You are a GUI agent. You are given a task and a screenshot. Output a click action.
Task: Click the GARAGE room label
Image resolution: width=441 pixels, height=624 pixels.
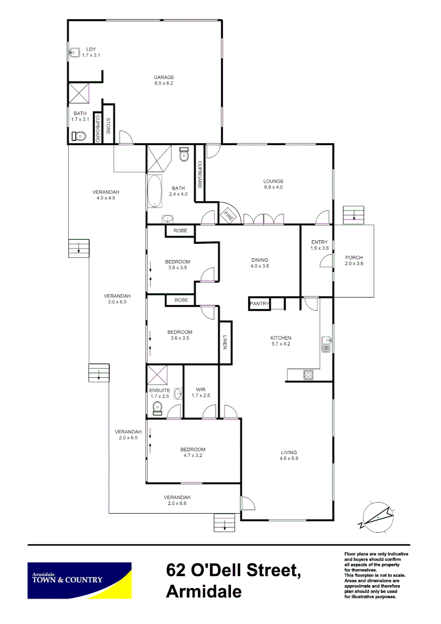pos(163,77)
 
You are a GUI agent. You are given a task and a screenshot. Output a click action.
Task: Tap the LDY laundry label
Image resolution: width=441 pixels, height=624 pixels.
pos(91,49)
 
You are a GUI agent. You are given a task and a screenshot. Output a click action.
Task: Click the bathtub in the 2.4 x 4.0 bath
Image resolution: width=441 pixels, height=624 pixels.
pos(155,192)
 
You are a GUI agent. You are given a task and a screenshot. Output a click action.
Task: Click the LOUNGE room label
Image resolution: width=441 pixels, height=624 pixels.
pos(273,181)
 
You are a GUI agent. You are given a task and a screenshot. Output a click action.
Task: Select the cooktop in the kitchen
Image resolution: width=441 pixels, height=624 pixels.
pos(308,374)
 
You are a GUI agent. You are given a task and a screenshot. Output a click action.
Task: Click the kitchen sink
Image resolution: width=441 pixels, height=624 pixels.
pos(326,344)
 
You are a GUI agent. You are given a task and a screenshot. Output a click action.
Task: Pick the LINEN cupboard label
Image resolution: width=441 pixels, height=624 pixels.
pos(226,342)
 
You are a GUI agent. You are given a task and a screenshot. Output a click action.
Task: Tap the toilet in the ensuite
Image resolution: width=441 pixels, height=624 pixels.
pos(157,408)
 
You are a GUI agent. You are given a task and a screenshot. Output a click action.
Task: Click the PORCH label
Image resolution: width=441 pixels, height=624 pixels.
pos(354,257)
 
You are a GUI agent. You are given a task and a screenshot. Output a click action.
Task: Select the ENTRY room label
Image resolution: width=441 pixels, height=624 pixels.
pos(319,242)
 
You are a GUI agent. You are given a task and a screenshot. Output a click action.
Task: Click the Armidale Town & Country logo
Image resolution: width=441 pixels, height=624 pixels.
pos(80,580)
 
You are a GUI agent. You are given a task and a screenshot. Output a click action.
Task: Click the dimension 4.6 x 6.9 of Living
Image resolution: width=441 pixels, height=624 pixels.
pos(289,458)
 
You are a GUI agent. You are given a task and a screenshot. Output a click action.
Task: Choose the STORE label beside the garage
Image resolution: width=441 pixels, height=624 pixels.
pos(108,127)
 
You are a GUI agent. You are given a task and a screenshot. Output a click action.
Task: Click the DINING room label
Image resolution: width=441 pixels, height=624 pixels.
pos(260,259)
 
